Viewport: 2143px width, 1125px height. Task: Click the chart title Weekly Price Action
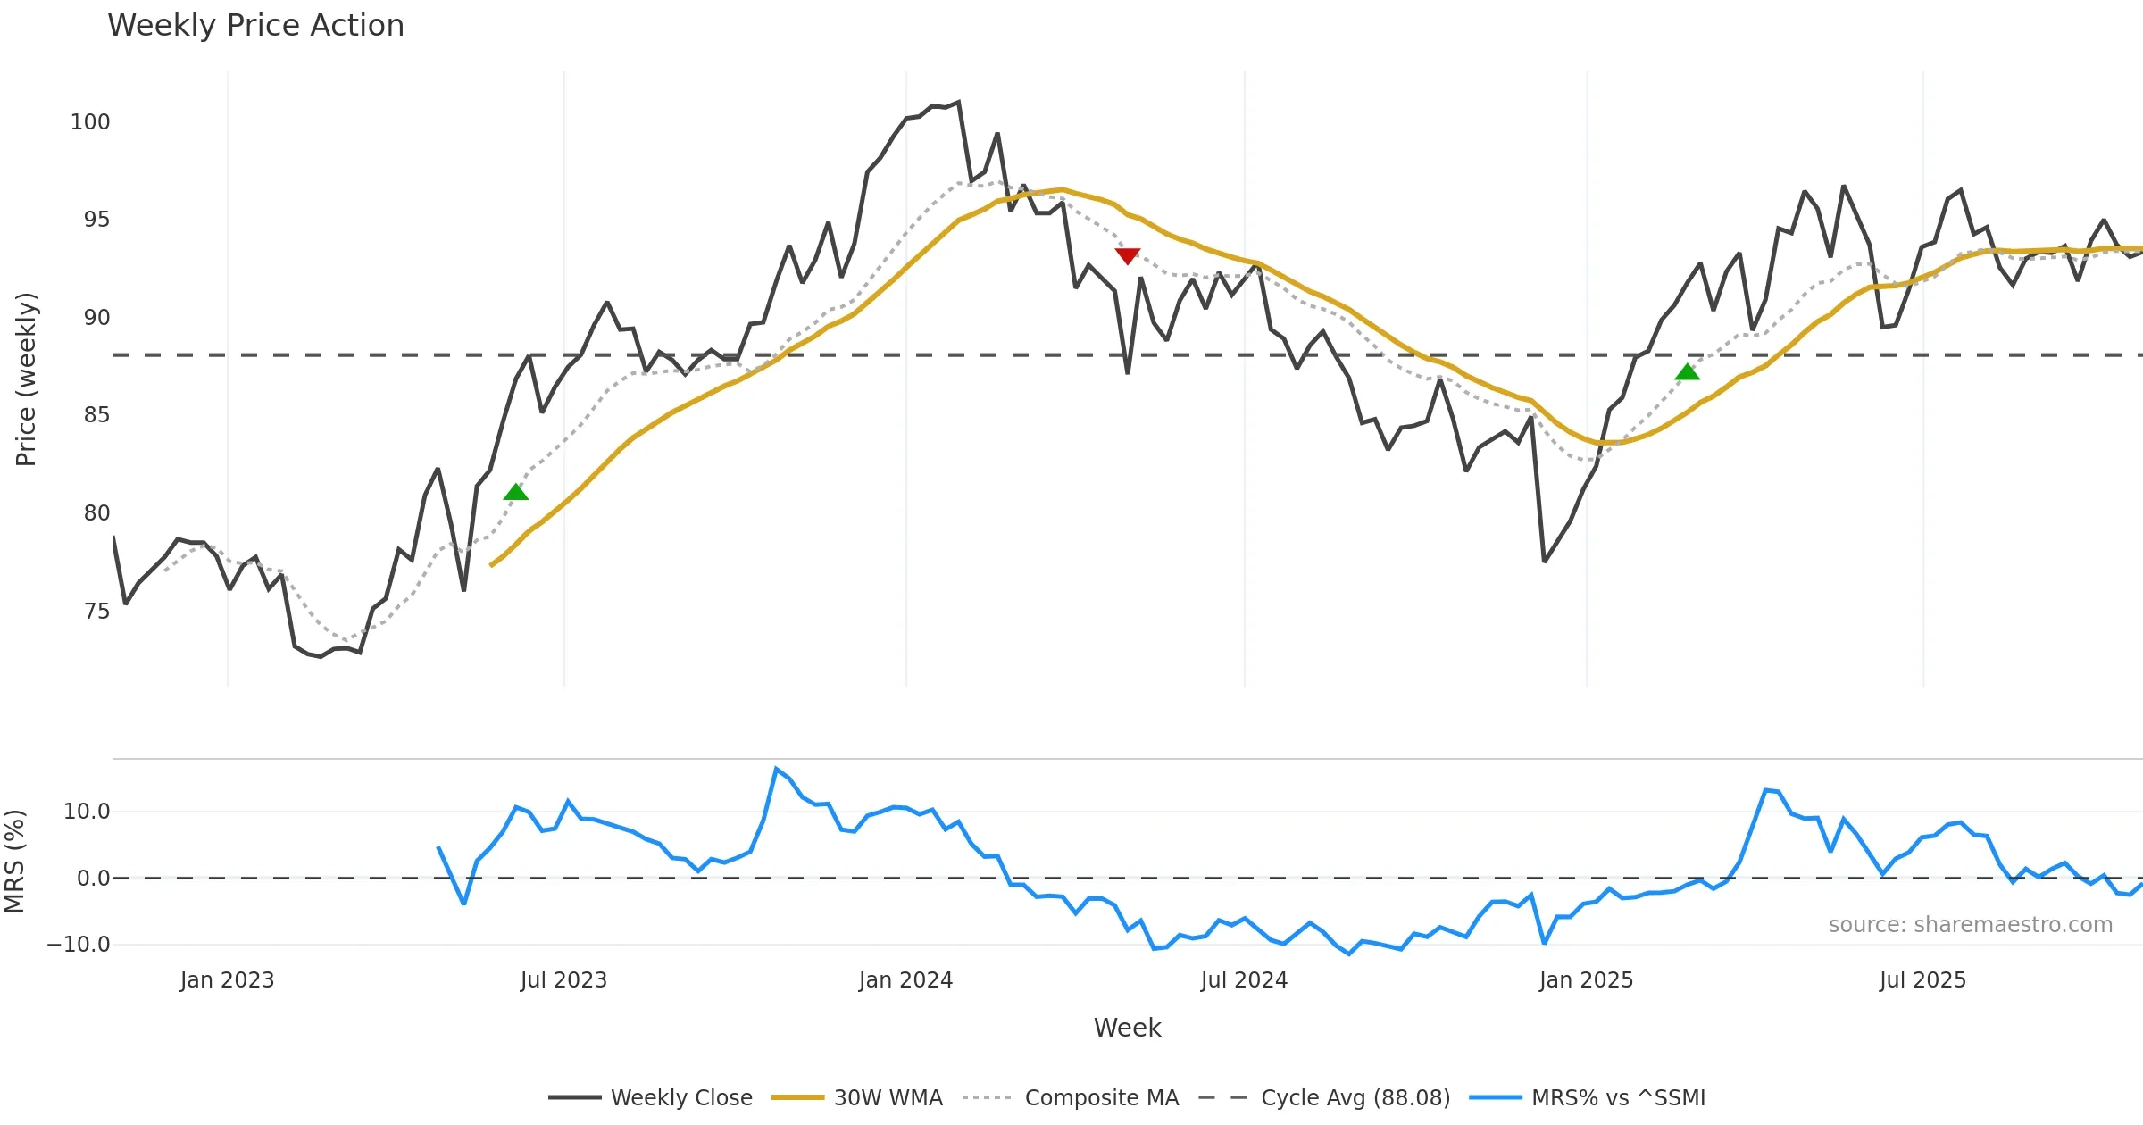coord(255,26)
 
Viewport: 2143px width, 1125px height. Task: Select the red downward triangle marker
coord(1128,256)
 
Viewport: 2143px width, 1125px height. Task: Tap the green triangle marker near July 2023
coord(516,492)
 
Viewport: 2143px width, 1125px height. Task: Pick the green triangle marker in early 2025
coord(1687,372)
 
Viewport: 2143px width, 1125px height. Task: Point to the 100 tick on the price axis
coord(90,122)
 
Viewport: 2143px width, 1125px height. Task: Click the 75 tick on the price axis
coord(96,612)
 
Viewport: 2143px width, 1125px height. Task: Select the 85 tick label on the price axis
coord(96,415)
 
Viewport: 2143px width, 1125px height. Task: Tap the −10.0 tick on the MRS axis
coord(79,945)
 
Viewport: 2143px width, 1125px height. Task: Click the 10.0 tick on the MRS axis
coord(87,812)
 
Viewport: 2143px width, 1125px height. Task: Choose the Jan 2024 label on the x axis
coord(905,980)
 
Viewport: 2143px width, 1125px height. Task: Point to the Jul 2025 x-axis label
coord(1922,980)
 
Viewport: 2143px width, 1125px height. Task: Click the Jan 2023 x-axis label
coord(227,980)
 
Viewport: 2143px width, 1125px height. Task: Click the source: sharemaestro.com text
coord(1970,925)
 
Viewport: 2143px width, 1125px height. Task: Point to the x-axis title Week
coord(1127,1029)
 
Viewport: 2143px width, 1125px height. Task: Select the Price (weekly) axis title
coord(26,379)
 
